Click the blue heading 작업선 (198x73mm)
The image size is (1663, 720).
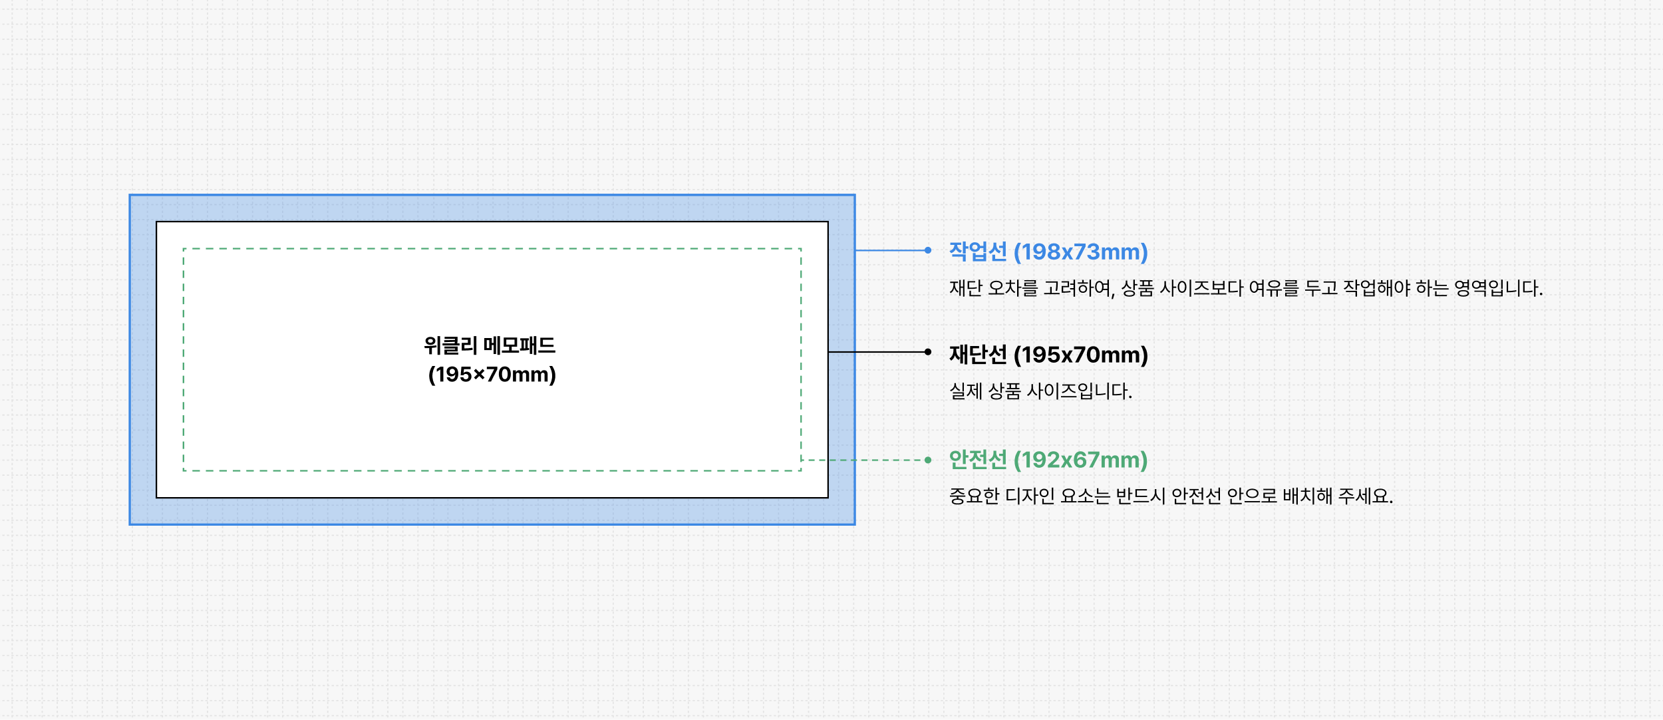coord(1048,252)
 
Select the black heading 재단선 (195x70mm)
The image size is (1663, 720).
coord(1048,355)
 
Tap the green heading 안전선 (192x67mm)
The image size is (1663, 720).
coord(1048,460)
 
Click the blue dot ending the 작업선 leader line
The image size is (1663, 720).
coord(928,250)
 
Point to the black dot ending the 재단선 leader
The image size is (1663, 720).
coord(928,352)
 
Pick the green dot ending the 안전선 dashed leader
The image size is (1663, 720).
coord(928,460)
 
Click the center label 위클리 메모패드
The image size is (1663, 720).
coord(490,345)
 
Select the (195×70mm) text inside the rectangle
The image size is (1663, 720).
coord(492,375)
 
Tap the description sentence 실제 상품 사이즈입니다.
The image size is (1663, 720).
coord(1040,391)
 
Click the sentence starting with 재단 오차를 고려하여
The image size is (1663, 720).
coord(1246,288)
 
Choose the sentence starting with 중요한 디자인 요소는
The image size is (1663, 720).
coord(1171,496)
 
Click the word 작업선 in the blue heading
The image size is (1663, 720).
coord(978,252)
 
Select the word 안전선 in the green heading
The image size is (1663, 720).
coord(978,460)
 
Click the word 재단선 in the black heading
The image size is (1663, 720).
coord(978,355)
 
